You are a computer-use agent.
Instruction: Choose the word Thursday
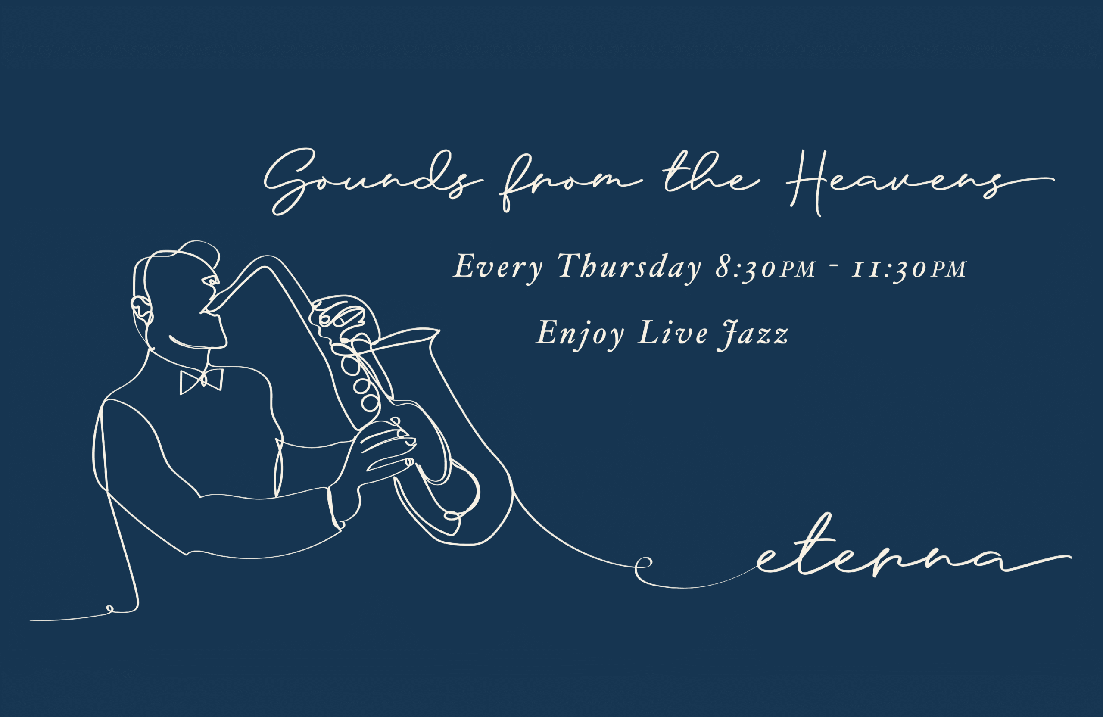pos(629,268)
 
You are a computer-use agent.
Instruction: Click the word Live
pos(673,333)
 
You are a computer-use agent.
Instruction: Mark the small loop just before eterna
pos(643,564)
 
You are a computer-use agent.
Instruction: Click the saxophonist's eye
pos(211,281)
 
